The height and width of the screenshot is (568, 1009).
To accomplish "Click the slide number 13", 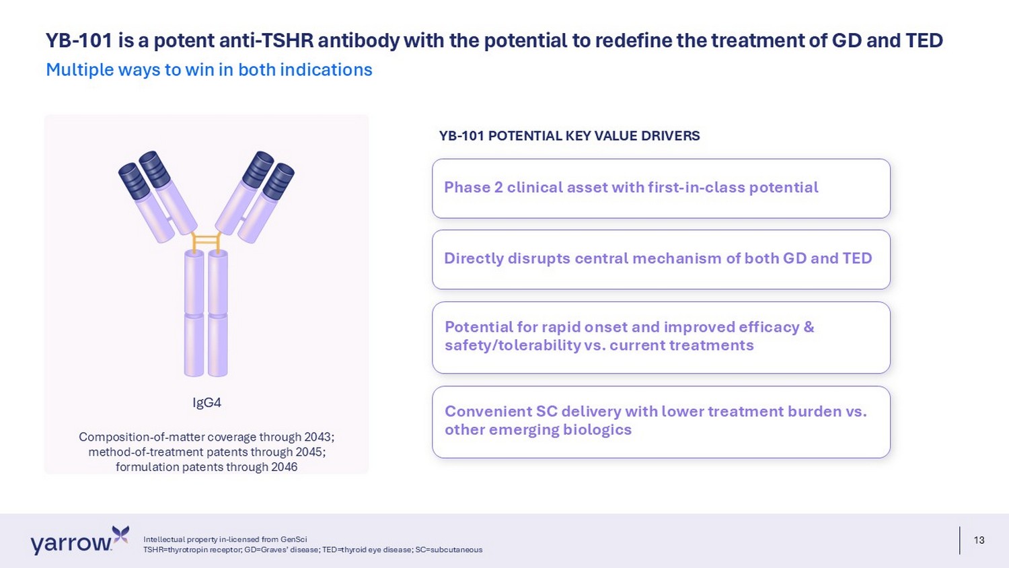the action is click(x=979, y=540).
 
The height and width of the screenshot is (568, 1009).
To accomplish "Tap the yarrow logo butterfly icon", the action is click(x=120, y=535).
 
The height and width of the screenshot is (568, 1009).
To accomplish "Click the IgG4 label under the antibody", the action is click(x=207, y=402).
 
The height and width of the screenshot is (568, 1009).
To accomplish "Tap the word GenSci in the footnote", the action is click(x=294, y=539).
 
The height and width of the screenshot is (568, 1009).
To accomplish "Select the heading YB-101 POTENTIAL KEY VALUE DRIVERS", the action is click(x=569, y=136).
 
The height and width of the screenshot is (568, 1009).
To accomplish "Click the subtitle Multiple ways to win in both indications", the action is click(x=209, y=70).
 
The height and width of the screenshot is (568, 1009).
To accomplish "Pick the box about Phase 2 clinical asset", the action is click(x=661, y=188).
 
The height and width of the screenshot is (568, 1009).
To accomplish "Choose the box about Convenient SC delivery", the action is click(x=661, y=422).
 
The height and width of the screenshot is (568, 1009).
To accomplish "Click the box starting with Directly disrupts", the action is click(x=661, y=260).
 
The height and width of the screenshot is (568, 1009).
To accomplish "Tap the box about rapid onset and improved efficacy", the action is click(x=661, y=338).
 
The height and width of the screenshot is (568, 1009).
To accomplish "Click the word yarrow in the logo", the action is click(x=71, y=544).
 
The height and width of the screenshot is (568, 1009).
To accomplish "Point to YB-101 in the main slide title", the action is click(x=79, y=40).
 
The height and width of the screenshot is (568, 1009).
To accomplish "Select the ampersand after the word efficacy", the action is click(x=809, y=327).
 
